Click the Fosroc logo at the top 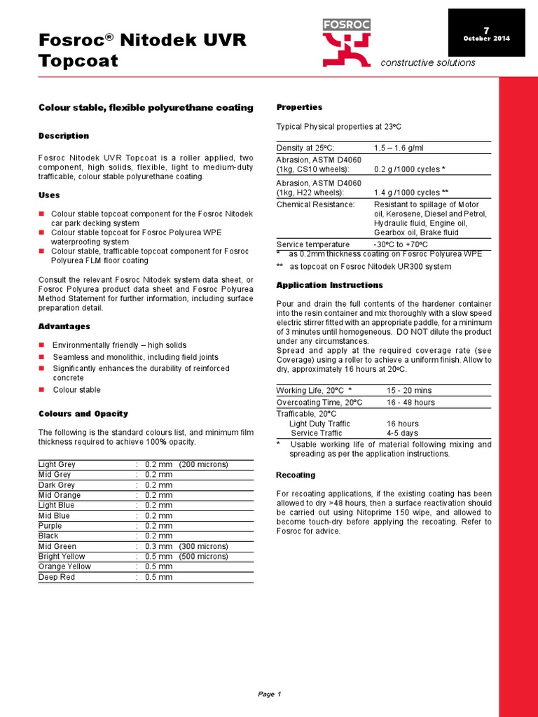346,43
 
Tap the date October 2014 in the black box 486,38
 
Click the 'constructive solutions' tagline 427,63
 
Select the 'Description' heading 64,136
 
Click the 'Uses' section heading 49,195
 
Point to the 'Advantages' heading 64,327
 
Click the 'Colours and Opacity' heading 83,414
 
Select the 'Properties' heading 299,107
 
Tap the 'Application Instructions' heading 330,285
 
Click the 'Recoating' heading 296,475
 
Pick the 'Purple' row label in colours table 50,526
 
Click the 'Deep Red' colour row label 55,577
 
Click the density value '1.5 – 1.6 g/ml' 399,148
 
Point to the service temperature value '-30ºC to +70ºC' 402,244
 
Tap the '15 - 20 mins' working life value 409,390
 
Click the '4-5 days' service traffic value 403,433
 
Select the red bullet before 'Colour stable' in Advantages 41,390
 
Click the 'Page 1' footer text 269,695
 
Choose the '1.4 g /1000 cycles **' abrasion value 411,193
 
